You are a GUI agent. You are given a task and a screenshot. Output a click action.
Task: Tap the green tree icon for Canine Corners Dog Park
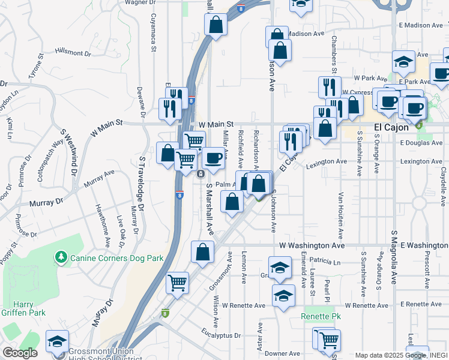click(61, 257)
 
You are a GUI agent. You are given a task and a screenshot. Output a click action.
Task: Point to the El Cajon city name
click(391, 128)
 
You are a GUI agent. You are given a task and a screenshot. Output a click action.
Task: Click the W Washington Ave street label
click(312, 246)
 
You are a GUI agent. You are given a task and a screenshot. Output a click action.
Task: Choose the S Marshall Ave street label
click(209, 208)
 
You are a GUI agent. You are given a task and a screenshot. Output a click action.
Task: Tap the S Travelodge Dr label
click(142, 183)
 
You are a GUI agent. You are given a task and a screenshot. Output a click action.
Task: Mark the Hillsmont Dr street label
click(72, 53)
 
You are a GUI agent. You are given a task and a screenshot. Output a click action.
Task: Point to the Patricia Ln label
click(325, 262)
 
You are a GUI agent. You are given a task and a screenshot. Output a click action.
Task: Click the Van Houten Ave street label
click(340, 216)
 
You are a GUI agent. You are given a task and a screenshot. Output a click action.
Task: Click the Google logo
click(20, 353)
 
